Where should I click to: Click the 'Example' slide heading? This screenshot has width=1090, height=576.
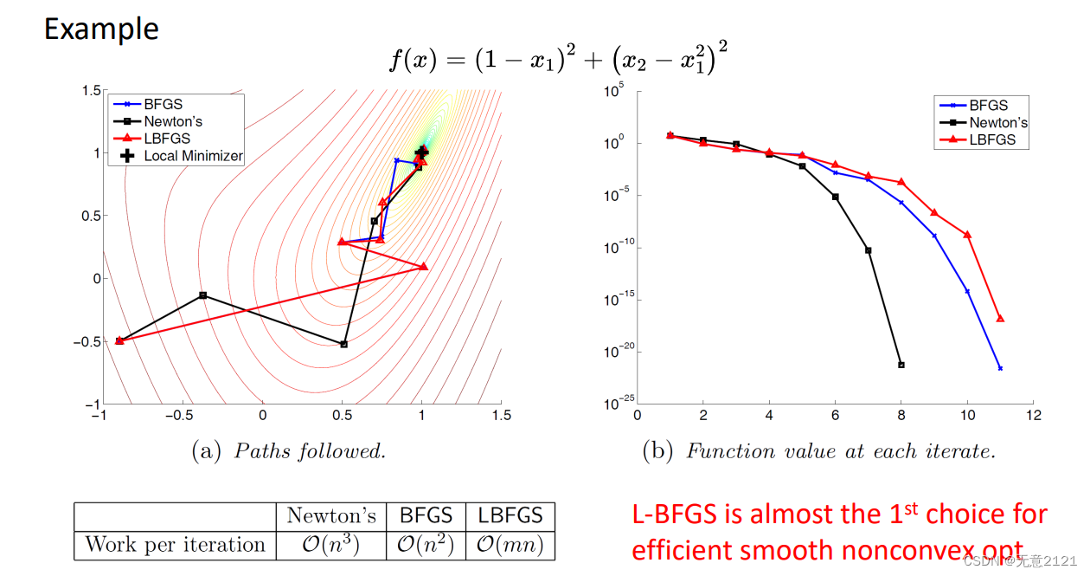pyautogui.click(x=101, y=29)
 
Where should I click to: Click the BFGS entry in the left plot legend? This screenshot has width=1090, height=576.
pyautogui.click(x=163, y=104)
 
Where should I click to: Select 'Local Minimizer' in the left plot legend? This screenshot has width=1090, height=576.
pyautogui.click(x=193, y=156)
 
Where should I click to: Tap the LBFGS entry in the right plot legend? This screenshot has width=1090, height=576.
pyautogui.click(x=991, y=139)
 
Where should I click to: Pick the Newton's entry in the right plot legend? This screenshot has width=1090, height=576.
pyautogui.click(x=998, y=122)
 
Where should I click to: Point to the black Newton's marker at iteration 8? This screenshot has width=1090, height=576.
pyautogui.click(x=901, y=365)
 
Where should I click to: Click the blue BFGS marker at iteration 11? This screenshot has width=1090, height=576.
pyautogui.click(x=1000, y=368)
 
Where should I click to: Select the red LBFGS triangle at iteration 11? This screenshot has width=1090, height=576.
pyautogui.click(x=1000, y=319)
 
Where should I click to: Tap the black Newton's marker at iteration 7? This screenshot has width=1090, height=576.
pyautogui.click(x=869, y=250)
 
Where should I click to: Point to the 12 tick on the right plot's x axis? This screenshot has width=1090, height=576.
pyautogui.click(x=1033, y=416)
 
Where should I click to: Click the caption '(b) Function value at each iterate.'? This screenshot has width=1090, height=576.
pyautogui.click(x=818, y=451)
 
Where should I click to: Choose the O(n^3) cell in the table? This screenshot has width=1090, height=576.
pyautogui.click(x=331, y=545)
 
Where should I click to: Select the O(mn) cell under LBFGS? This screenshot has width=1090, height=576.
pyautogui.click(x=510, y=545)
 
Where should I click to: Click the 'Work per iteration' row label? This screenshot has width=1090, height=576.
pyautogui.click(x=175, y=545)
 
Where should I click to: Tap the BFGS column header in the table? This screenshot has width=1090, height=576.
pyautogui.click(x=426, y=515)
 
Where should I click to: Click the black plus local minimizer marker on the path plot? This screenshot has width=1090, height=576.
pyautogui.click(x=422, y=152)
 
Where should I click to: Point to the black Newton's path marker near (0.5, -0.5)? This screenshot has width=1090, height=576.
pyautogui.click(x=344, y=344)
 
